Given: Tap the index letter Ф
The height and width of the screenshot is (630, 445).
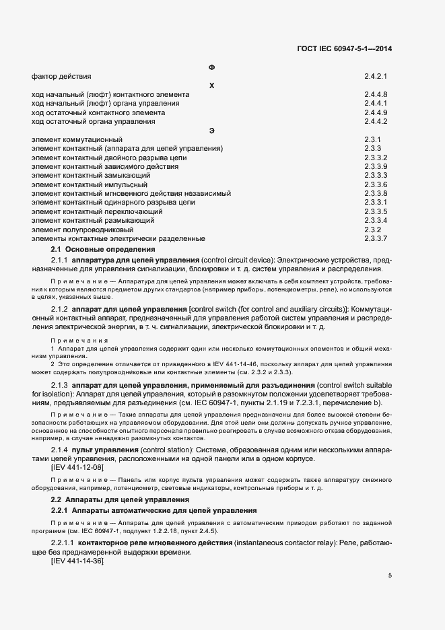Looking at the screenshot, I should (x=212, y=68).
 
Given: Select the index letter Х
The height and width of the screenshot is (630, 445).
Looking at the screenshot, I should (x=212, y=85).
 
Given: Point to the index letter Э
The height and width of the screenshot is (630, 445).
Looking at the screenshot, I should (x=212, y=130).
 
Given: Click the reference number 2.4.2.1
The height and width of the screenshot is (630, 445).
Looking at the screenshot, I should (x=375, y=77).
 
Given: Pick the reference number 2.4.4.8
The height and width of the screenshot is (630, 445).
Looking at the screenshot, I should (x=375, y=95).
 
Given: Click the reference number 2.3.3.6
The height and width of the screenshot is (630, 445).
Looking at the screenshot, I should (x=375, y=184).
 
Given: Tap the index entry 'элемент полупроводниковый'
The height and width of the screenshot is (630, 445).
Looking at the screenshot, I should (x=75, y=230).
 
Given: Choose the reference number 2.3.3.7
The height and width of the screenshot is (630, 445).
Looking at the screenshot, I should (x=375, y=239).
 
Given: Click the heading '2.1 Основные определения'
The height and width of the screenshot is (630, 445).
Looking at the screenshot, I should (x=103, y=250).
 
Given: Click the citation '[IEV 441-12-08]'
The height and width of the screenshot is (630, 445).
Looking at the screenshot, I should (x=77, y=467).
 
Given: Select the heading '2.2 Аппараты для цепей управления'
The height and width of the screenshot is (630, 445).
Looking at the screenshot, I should (x=122, y=500).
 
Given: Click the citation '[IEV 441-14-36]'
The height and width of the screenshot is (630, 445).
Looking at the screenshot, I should (x=77, y=561).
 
